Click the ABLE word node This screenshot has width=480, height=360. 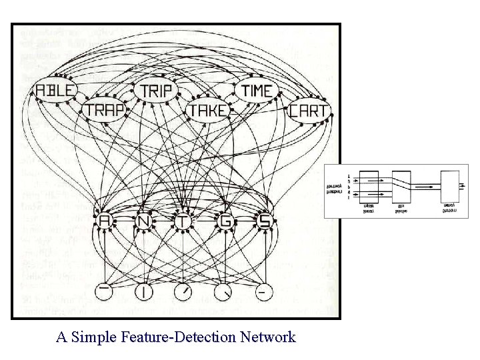[x=57, y=90]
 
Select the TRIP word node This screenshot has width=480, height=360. [x=156, y=91]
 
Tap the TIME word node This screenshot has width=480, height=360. [x=256, y=91]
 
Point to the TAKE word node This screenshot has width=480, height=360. [x=207, y=110]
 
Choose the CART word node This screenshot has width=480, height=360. [x=308, y=110]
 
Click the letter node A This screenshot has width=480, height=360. [x=104, y=221]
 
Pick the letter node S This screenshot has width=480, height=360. [x=264, y=221]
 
